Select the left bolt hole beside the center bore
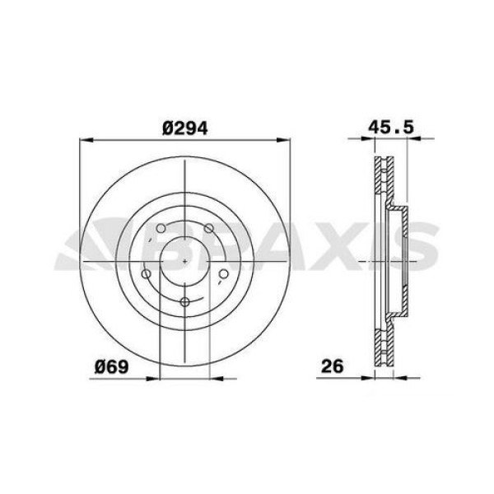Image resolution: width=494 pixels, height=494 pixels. point(146,274)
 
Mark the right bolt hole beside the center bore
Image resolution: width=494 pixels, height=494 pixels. point(225,274)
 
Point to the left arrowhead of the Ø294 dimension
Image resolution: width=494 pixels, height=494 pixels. point(84,142)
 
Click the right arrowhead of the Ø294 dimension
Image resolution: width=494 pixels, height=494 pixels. point(287,142)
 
